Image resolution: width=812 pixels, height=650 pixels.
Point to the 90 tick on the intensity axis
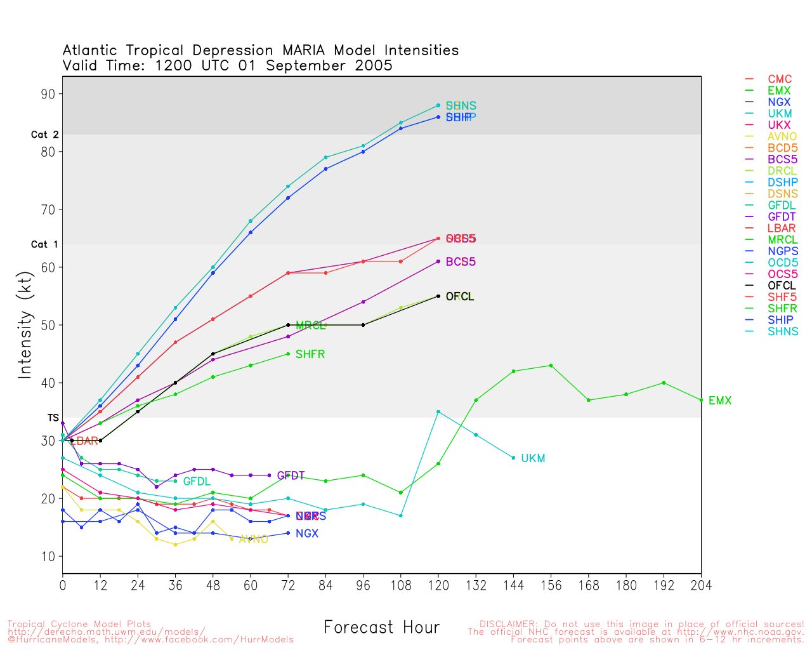point(48,94)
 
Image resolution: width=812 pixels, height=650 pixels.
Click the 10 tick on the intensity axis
point(48,557)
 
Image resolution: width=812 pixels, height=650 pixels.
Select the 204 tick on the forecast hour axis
point(701,585)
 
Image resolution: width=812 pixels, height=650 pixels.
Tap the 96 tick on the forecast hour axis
point(363,585)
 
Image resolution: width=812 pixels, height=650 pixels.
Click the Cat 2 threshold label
point(44,135)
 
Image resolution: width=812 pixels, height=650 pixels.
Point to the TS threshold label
point(53,418)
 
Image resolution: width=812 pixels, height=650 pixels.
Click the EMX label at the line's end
point(720,401)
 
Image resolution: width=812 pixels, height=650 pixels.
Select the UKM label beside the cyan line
point(533,458)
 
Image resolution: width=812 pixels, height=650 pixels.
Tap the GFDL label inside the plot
point(197,482)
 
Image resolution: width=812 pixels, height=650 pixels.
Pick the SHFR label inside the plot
point(310,354)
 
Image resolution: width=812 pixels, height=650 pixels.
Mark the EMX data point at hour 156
point(551,366)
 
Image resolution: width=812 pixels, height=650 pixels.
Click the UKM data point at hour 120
point(438,412)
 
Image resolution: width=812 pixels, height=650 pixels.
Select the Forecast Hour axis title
point(381,628)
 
